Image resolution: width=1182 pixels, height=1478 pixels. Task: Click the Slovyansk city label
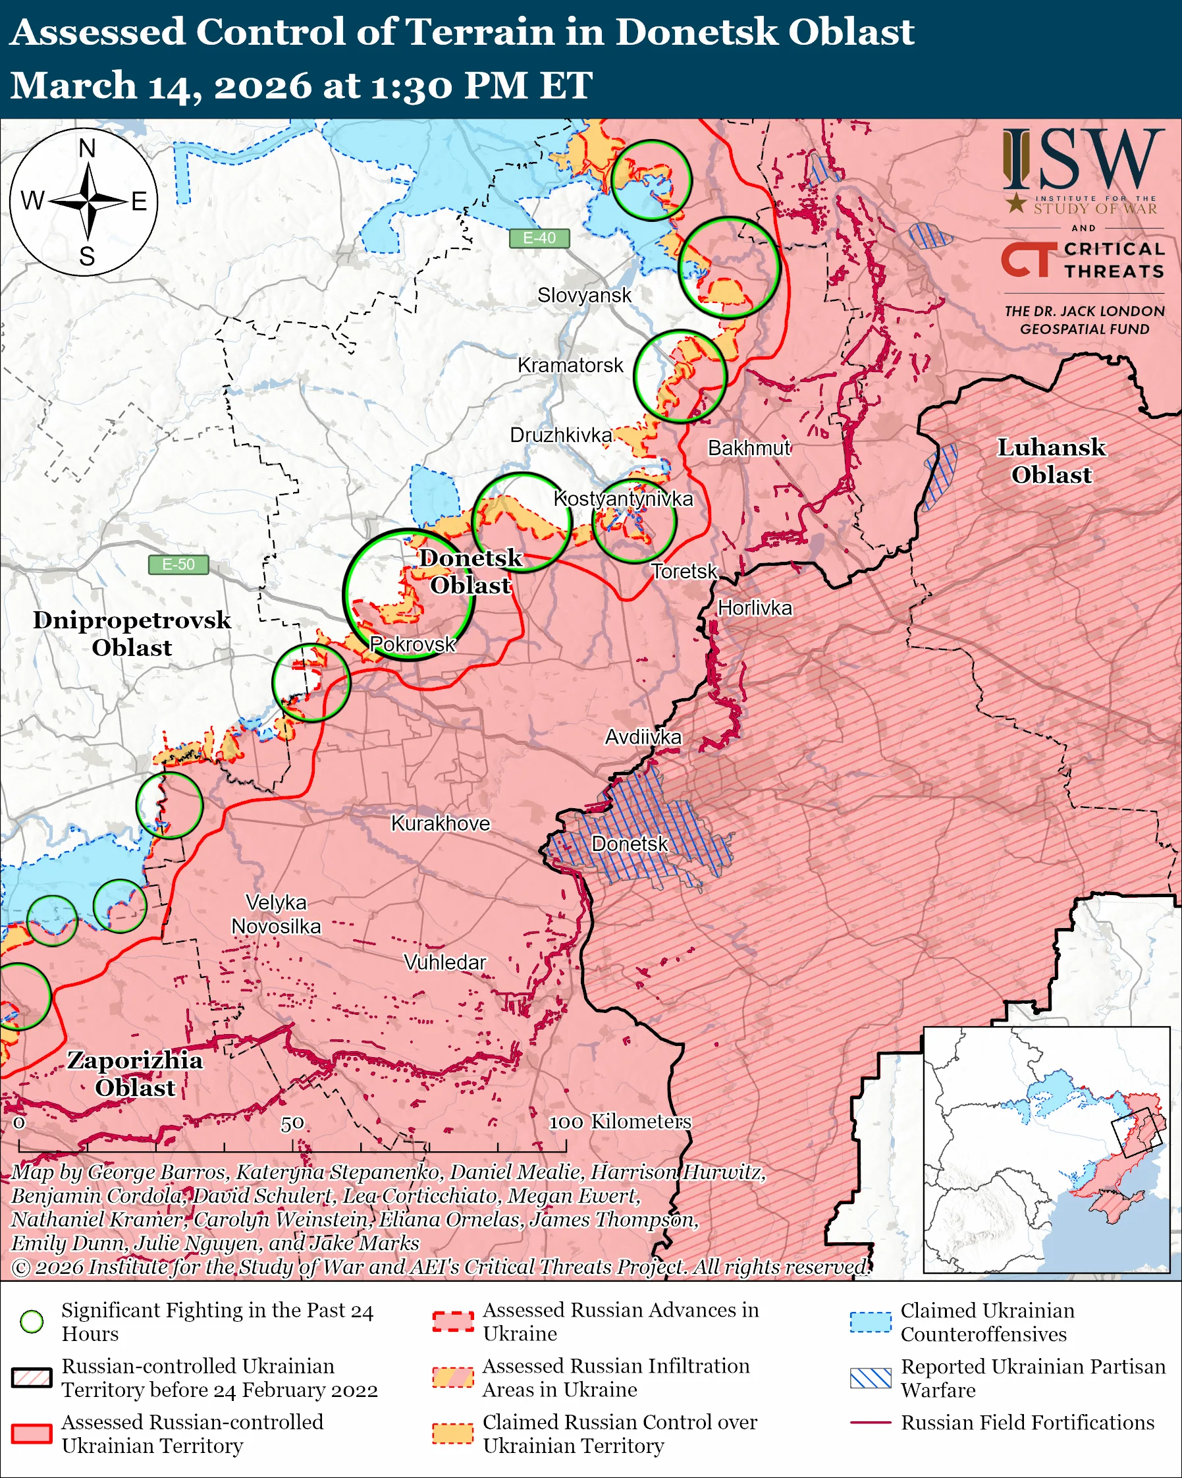pyautogui.click(x=584, y=296)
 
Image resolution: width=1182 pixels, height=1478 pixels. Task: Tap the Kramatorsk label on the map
pyautogui.click(x=570, y=366)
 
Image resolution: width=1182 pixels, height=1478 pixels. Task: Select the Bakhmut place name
pyautogui.click(x=749, y=448)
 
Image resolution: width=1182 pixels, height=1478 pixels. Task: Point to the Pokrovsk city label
pyautogui.click(x=412, y=643)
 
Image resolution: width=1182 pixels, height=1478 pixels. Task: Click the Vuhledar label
pyautogui.click(x=444, y=962)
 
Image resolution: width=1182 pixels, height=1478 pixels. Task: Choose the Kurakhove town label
pyautogui.click(x=441, y=823)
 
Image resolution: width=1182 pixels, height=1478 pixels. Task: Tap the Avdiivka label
pyautogui.click(x=643, y=737)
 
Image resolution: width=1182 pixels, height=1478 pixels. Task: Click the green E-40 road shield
pyautogui.click(x=539, y=238)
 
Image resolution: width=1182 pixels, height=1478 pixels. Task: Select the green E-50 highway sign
pyautogui.click(x=178, y=564)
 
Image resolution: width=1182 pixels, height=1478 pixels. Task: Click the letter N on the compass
pyautogui.click(x=87, y=148)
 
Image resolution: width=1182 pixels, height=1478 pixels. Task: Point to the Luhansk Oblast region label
pyautogui.click(x=1051, y=460)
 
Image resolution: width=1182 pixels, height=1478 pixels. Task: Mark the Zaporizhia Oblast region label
pyautogui.click(x=135, y=1074)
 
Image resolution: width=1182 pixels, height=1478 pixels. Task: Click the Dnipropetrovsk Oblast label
pyautogui.click(x=132, y=634)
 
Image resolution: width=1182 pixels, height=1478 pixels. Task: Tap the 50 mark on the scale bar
pyautogui.click(x=292, y=1124)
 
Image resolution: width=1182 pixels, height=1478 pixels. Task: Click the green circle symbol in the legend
pyautogui.click(x=32, y=1322)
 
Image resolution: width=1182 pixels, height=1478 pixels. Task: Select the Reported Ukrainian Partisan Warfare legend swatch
pyautogui.click(x=871, y=1379)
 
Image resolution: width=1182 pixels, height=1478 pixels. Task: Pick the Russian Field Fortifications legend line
pyautogui.click(x=871, y=1423)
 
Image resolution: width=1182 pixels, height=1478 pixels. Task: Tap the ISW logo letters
pyautogui.click(x=1083, y=160)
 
